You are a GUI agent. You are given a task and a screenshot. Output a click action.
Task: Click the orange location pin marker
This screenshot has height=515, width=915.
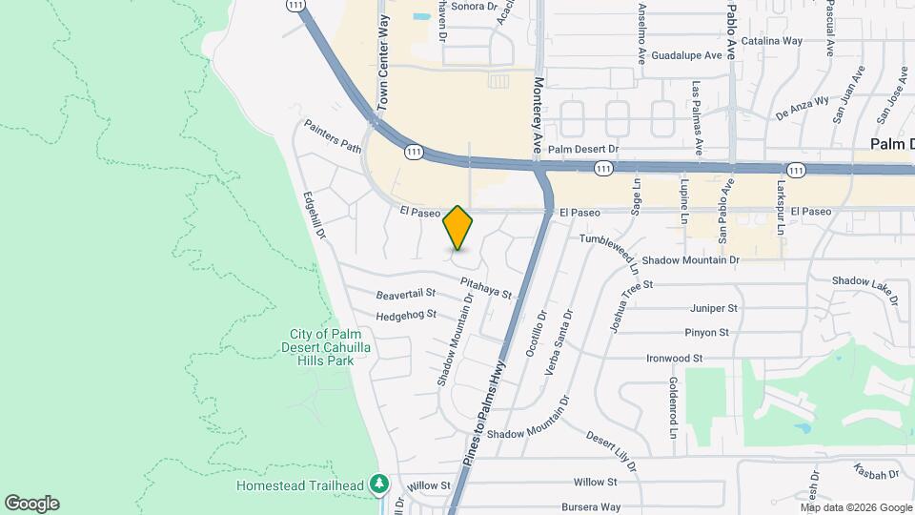tap(457, 228)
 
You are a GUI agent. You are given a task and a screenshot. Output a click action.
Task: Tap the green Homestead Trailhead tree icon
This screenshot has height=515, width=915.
tap(379, 484)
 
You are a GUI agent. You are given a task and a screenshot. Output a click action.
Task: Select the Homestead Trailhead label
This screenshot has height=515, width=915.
tap(299, 485)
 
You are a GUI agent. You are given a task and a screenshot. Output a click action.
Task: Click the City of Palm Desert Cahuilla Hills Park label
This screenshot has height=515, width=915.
tap(322, 347)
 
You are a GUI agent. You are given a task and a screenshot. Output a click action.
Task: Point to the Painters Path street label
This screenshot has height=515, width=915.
tap(333, 136)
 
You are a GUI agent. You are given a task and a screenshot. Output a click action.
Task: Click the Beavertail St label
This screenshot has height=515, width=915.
tap(405, 294)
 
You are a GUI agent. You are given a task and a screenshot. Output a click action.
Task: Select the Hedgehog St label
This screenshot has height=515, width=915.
tap(405, 314)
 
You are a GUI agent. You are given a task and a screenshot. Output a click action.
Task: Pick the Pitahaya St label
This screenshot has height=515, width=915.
tap(486, 287)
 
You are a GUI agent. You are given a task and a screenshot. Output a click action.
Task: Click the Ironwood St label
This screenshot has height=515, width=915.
tap(674, 359)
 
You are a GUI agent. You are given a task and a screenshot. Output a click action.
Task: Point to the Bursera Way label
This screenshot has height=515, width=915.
tap(591, 507)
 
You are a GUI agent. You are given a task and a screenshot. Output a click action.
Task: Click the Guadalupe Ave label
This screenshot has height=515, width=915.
tap(682, 55)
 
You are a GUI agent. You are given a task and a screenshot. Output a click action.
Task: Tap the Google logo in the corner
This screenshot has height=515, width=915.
tap(31, 504)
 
